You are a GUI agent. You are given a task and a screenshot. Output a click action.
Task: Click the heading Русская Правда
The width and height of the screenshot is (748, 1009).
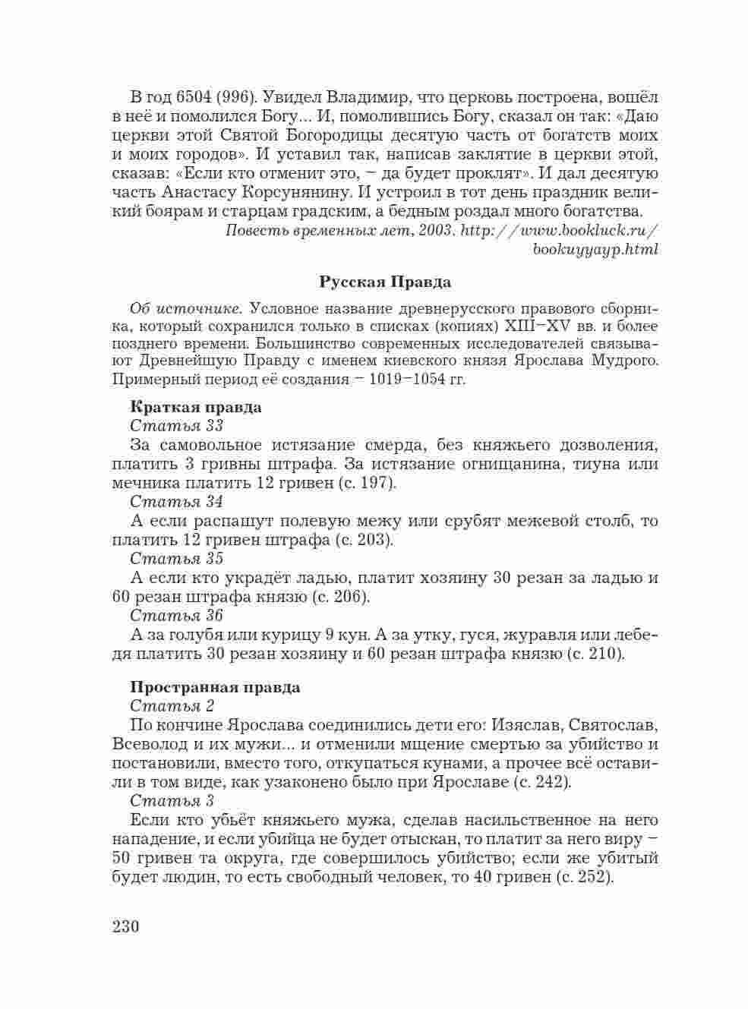pyautogui.click(x=385, y=282)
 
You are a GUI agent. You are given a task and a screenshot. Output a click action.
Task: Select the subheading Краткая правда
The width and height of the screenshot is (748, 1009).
pyautogui.click(x=196, y=407)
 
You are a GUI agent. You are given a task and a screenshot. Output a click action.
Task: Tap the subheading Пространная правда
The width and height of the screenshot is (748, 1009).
pyautogui.click(x=215, y=687)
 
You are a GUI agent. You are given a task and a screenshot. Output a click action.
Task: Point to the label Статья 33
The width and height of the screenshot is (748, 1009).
pyautogui.click(x=176, y=426)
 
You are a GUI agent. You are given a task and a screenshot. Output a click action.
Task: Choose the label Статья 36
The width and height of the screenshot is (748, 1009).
pyautogui.click(x=176, y=616)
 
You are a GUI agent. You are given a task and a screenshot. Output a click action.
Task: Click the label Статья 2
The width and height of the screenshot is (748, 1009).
pyautogui.click(x=172, y=706)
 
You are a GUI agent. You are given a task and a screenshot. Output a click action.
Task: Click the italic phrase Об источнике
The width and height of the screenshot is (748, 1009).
pyautogui.click(x=186, y=310)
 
